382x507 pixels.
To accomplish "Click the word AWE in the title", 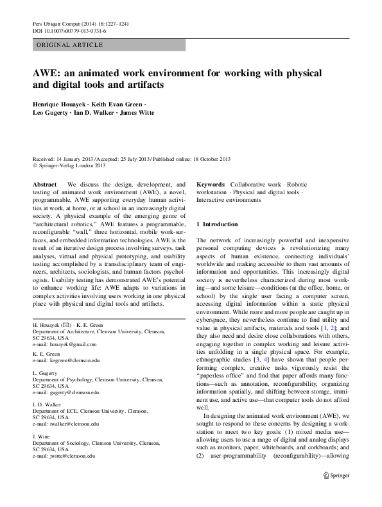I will (x=46, y=72).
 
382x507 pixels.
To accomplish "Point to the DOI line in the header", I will (x=65, y=31).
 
